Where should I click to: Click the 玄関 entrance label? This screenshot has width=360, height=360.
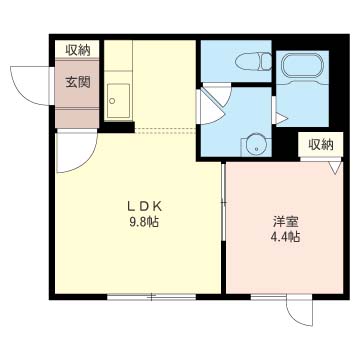pos(79,81)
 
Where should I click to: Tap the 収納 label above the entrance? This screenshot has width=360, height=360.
pos(79,49)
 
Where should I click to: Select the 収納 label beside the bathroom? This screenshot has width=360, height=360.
pos(320,144)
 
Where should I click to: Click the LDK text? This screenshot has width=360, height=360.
pos(143,207)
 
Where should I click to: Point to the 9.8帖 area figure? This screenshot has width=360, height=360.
pos(143,223)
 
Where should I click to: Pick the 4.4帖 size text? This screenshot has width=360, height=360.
pos(286,237)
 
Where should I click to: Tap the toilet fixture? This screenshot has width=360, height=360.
pos(252,62)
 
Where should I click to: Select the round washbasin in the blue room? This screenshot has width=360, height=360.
pos(256,142)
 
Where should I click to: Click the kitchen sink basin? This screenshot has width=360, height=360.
pos(119,100)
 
